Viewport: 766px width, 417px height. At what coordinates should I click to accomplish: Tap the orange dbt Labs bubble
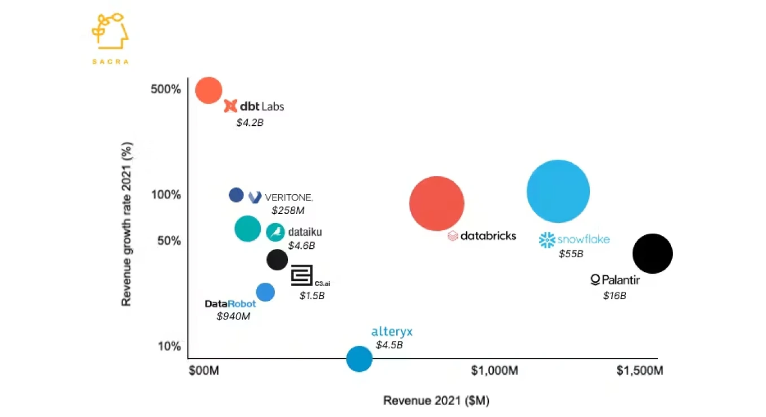coord(208,90)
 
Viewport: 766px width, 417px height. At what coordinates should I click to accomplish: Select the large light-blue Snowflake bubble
coord(558,191)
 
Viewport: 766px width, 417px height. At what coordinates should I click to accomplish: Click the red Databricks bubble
coord(436,204)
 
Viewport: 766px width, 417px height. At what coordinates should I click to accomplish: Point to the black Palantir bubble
coord(652,254)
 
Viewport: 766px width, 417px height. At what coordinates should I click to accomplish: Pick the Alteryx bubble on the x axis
coord(359,358)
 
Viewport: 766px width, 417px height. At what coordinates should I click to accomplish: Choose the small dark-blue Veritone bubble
coord(236,195)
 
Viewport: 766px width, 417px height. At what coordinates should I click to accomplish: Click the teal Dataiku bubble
coord(247,229)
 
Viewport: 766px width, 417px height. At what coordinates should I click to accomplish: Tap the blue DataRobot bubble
coord(265,292)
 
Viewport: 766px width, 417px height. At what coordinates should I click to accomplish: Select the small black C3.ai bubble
coord(277,259)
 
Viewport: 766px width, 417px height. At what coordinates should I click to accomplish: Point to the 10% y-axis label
coord(169,346)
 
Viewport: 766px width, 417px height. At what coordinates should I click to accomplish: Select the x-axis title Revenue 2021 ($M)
coord(436,401)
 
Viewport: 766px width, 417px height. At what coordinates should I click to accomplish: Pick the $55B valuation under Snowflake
coord(571,254)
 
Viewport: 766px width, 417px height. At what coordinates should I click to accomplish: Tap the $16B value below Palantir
coord(614,295)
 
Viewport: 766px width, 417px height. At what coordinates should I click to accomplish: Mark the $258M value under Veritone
coord(288,210)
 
